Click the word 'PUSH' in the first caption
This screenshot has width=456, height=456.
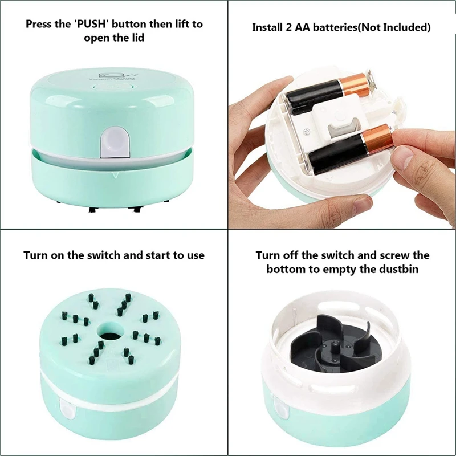(x=94, y=25)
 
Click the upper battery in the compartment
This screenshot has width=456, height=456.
(x=316, y=93)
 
